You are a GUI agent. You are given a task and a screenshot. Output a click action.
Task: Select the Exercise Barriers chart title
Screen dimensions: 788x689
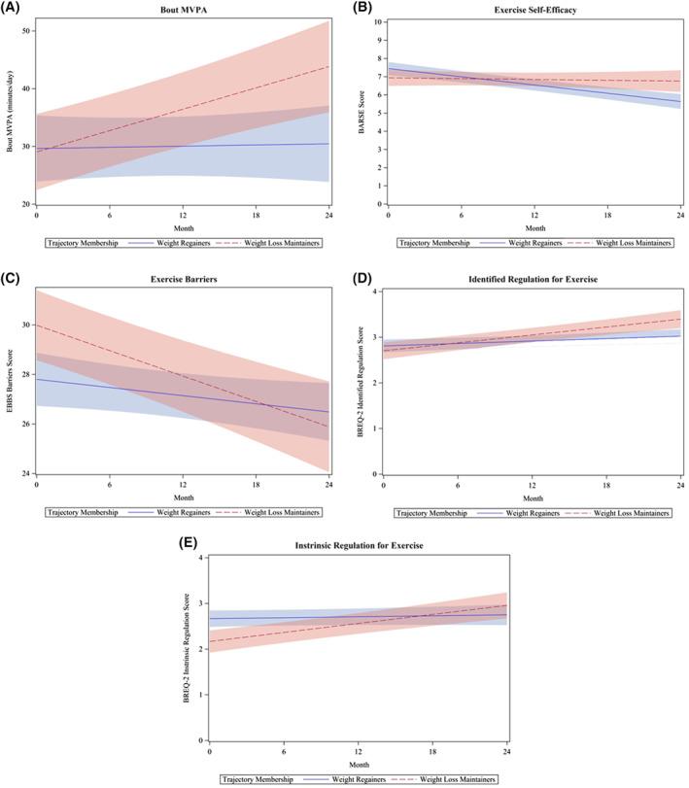pos(183,280)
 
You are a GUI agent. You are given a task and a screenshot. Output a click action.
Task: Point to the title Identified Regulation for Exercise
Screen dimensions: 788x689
pos(534,280)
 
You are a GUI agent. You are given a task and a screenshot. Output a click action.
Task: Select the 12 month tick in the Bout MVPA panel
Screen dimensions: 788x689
pos(183,214)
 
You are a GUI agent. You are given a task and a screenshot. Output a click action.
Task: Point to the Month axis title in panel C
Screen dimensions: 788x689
pos(183,494)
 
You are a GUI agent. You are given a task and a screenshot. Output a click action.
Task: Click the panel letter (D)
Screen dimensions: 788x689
pos(364,280)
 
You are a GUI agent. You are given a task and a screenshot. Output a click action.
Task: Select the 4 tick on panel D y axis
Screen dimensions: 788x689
pos(377,292)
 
